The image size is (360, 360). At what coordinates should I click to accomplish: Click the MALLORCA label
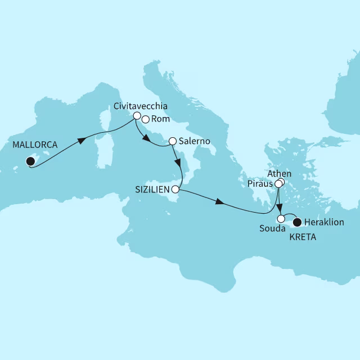[34, 145]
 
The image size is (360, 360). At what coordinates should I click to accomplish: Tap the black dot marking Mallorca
[30, 162]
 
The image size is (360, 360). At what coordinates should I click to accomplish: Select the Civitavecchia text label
[140, 106]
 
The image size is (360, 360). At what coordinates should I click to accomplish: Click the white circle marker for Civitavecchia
[136, 115]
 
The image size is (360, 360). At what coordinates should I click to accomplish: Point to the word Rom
[158, 119]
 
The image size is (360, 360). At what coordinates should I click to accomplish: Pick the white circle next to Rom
[145, 119]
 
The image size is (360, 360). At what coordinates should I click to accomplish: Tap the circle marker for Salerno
[173, 141]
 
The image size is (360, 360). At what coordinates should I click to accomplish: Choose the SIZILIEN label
[152, 189]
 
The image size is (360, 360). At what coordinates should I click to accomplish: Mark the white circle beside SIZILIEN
[176, 189]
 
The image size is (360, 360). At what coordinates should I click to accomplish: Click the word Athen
[280, 173]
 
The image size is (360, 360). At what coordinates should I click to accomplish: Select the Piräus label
[259, 183]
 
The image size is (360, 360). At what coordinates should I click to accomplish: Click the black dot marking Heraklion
[298, 222]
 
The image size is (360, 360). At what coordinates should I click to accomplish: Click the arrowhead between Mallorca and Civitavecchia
[82, 139]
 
